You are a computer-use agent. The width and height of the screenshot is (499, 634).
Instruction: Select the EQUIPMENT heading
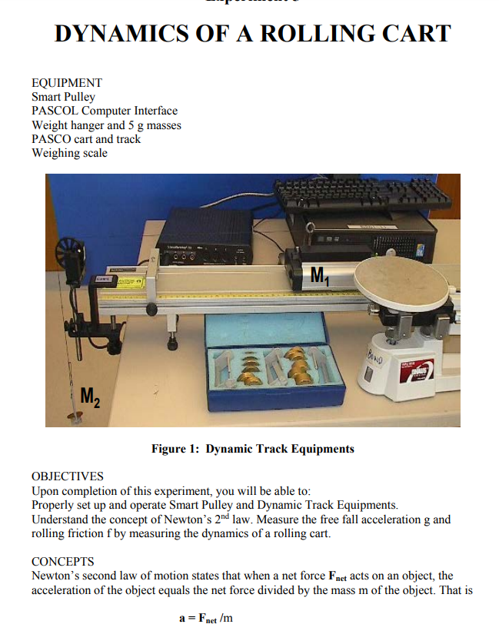point(67,83)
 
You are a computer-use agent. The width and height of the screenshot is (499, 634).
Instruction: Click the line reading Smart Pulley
point(63,97)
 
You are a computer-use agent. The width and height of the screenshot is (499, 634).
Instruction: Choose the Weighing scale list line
point(69,153)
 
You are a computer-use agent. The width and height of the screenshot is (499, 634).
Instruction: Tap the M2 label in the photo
point(90,397)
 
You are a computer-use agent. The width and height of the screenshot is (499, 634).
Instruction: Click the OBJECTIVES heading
point(67,476)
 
